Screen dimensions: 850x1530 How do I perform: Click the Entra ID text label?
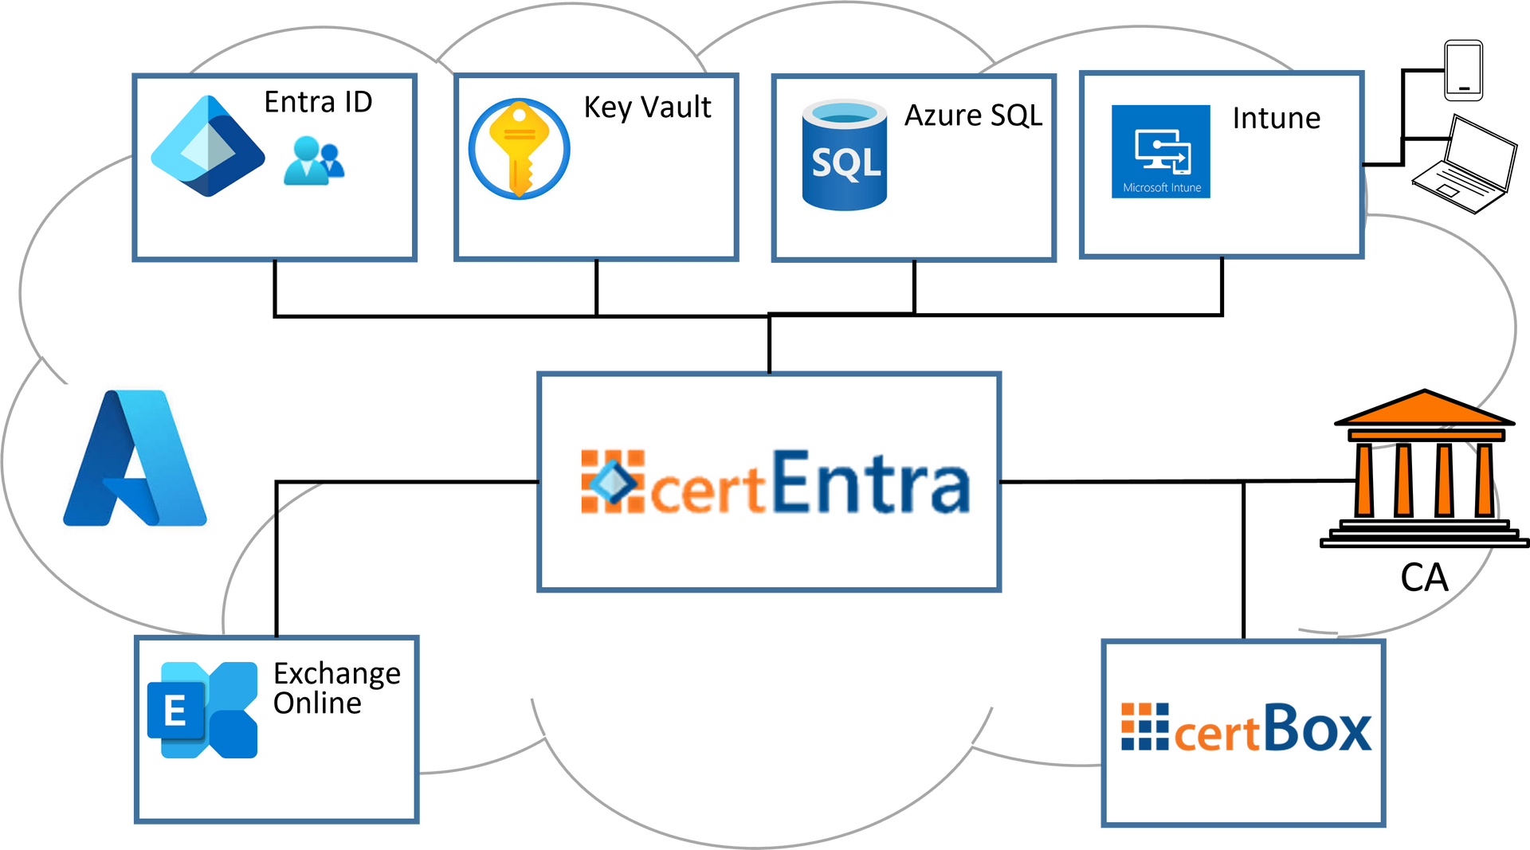(318, 103)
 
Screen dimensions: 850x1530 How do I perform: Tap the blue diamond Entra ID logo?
(207, 147)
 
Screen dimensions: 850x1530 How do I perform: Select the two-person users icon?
(314, 161)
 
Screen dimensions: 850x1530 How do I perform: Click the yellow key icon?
(519, 148)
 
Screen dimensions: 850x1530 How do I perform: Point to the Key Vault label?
(647, 108)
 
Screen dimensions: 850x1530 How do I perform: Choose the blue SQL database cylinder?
(844, 155)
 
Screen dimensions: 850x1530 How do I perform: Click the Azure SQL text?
(973, 116)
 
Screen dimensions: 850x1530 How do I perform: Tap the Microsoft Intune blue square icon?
(1160, 151)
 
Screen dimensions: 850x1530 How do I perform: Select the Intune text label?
(1276, 119)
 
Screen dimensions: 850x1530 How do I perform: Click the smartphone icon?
(1464, 71)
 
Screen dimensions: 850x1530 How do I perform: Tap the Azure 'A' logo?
(135, 458)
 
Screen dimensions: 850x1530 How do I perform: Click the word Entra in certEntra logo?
(870, 482)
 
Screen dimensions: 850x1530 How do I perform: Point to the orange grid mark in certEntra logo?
(612, 481)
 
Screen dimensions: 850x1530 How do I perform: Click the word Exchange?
(336, 674)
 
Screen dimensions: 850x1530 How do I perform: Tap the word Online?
(317, 703)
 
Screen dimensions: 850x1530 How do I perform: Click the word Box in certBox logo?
(1317, 728)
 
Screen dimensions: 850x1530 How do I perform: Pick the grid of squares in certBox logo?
(1144, 727)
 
